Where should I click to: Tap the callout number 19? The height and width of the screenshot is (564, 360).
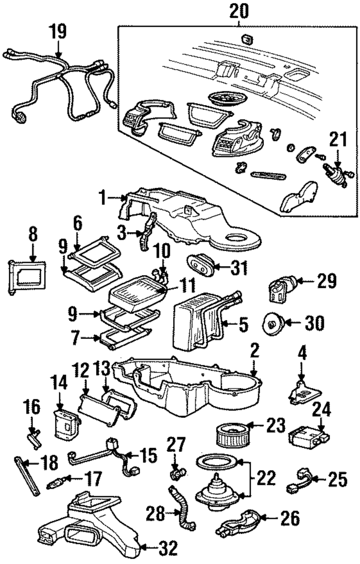[58, 31]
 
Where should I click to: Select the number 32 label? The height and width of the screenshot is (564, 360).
[168, 548]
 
